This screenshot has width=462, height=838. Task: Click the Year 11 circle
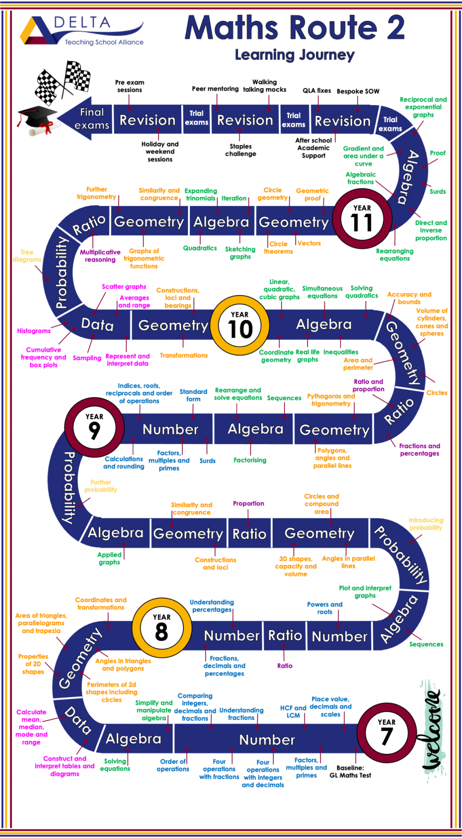point(362,219)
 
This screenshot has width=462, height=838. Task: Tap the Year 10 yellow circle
point(240,325)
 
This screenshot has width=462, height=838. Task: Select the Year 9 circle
point(94,427)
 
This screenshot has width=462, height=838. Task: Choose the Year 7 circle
point(386,733)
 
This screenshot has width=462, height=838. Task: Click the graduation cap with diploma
point(39,121)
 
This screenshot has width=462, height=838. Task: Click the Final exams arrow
point(85,119)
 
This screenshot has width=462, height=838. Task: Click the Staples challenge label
point(241,150)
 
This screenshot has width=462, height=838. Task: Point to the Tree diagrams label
point(27,256)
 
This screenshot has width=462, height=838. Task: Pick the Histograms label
point(34,331)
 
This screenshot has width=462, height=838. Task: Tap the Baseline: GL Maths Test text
point(350,771)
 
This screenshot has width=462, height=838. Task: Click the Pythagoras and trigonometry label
point(331,400)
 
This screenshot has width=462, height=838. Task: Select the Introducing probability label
point(426,524)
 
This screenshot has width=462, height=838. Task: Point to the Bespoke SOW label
point(358,91)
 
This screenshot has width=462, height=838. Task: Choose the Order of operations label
point(173,765)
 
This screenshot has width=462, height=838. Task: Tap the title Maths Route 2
point(294,28)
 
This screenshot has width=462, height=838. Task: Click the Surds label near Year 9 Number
point(207,461)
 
